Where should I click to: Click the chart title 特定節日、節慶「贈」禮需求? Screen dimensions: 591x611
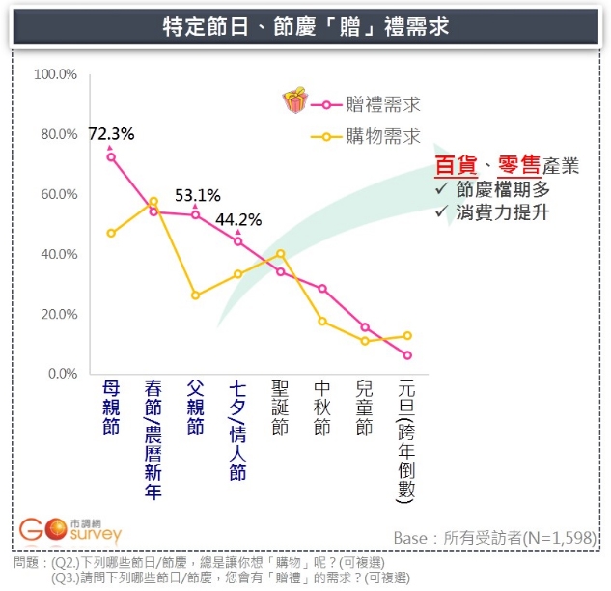(305, 27)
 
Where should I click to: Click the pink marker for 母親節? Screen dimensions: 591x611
(111, 156)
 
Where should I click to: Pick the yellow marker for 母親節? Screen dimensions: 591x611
(111, 233)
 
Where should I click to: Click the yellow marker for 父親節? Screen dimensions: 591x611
(196, 295)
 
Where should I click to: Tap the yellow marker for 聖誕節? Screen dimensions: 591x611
(280, 254)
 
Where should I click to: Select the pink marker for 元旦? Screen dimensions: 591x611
(407, 355)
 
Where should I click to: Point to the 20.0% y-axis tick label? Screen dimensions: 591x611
(57, 314)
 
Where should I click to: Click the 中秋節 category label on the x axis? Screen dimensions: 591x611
(322, 408)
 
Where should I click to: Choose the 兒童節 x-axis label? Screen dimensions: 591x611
(365, 408)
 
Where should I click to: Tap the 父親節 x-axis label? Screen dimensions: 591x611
(196, 408)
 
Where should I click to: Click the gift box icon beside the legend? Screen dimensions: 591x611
(293, 101)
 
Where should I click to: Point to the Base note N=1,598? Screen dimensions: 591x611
(494, 537)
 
